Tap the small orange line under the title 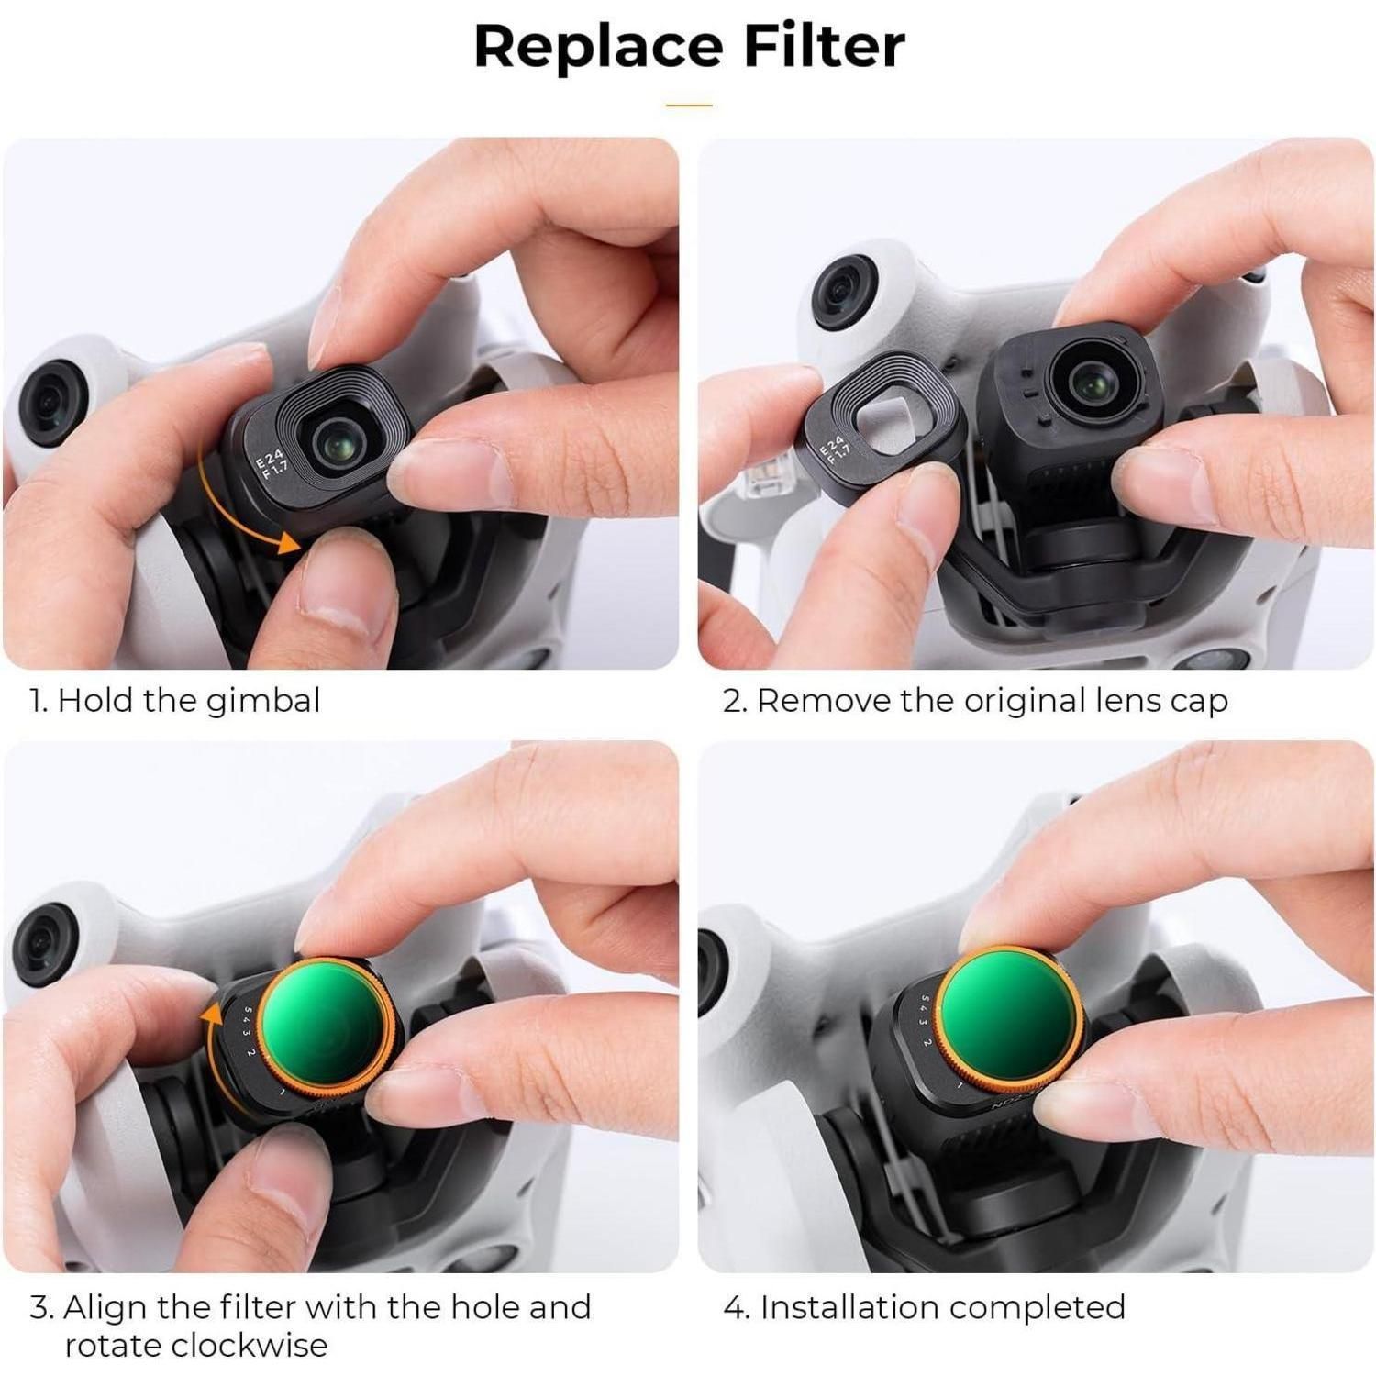pyautogui.click(x=689, y=105)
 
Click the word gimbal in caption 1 pyautogui.click(x=263, y=702)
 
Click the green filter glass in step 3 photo pyautogui.click(x=326, y=1028)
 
